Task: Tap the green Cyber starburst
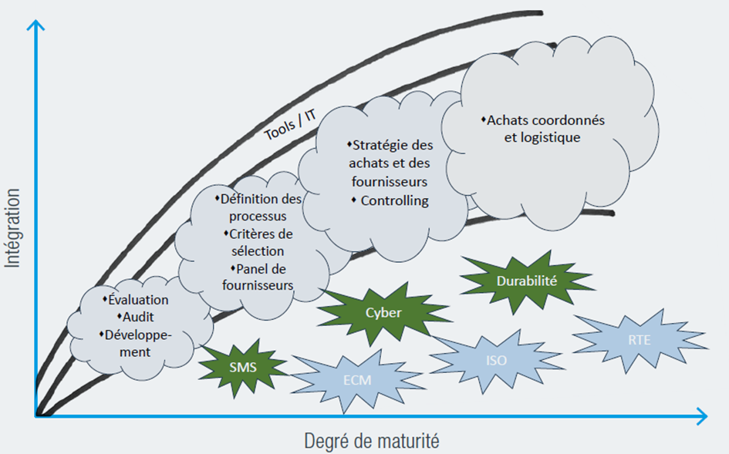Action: click(x=383, y=313)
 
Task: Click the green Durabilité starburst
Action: click(x=527, y=281)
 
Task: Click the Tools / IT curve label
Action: click(x=290, y=123)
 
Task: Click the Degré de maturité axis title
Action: click(x=371, y=441)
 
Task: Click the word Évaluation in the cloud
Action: click(x=138, y=300)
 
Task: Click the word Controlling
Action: click(x=394, y=201)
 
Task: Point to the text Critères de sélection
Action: click(x=257, y=242)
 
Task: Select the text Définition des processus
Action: click(x=259, y=207)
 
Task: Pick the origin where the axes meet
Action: click(x=35, y=417)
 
